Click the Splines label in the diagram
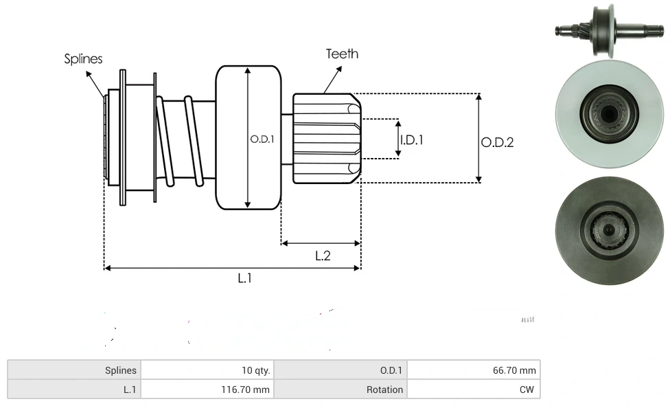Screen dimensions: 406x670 (83, 59)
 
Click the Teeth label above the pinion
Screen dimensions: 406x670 (342, 54)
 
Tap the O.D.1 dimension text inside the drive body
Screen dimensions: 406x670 (262, 139)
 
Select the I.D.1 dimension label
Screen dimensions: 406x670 (412, 139)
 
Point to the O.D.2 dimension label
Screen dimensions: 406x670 (497, 142)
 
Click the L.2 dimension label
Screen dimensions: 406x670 (323, 256)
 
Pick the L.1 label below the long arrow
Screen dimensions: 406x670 (245, 278)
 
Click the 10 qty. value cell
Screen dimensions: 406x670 (207, 370)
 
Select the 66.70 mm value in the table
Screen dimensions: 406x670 (474, 370)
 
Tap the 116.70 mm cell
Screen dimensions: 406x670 (207, 390)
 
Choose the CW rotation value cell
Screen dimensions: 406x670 (474, 390)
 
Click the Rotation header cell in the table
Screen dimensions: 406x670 (340, 390)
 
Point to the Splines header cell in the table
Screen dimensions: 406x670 (74, 370)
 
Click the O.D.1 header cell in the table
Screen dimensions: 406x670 (340, 370)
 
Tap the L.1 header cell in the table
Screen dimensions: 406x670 (74, 390)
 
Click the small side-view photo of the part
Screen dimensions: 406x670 (608, 30)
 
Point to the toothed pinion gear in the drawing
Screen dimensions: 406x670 (326, 139)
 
